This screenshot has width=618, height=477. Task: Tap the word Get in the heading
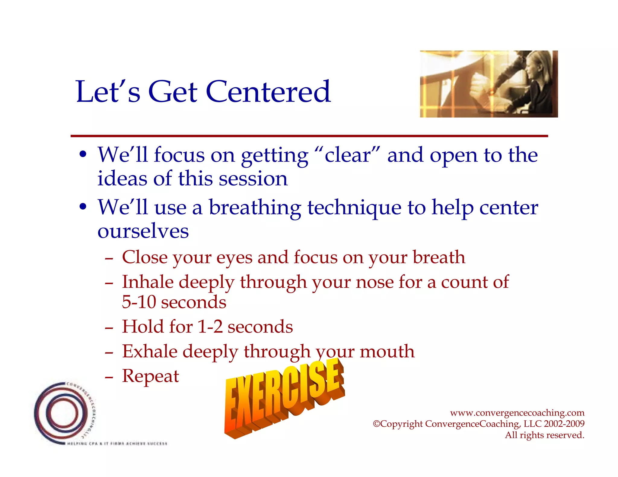pos(173,92)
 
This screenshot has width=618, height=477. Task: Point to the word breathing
pos(255,208)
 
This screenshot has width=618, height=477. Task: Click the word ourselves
pos(143,231)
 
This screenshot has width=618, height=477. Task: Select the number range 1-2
pos(210,327)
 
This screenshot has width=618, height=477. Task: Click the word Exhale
pos(150,352)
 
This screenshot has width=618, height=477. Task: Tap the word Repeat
pos(150,376)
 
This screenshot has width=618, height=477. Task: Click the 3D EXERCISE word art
pos(284,398)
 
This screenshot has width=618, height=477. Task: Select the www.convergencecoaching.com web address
pos(517,412)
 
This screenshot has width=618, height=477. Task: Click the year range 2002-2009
pos(564,424)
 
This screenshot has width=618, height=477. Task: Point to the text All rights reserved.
pos(544,435)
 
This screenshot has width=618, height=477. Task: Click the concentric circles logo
pos(60,413)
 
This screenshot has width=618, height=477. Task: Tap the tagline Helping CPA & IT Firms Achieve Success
pos(117,444)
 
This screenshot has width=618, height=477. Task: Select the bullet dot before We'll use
pos(83,208)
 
